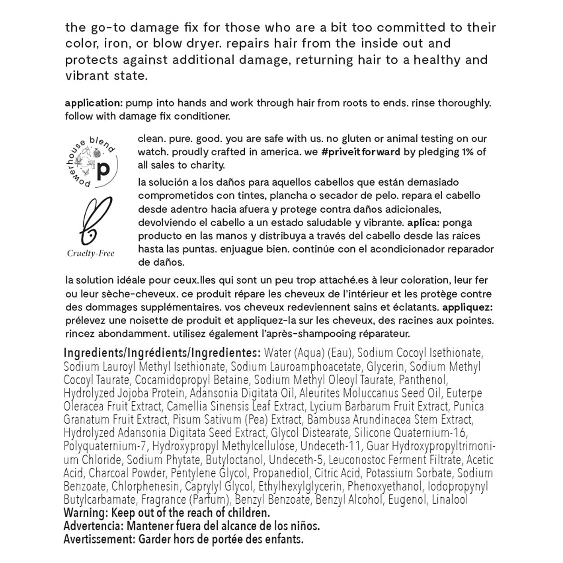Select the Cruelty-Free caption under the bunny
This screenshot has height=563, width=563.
coord(90,253)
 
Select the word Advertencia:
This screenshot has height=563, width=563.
coord(93,526)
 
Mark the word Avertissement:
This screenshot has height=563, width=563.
coord(99,539)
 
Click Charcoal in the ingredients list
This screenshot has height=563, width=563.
coord(112,473)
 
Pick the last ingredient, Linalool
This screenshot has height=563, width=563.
coord(450,500)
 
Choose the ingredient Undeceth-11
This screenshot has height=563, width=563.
coord(330,446)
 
